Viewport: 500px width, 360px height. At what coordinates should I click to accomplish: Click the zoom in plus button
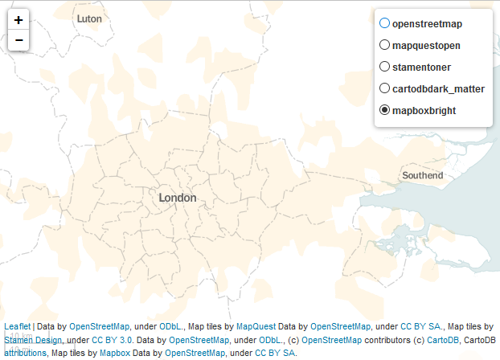coord(18,20)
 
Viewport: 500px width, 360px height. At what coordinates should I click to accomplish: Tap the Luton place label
coord(89,18)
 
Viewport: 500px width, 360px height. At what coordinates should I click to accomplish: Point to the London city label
coord(177,198)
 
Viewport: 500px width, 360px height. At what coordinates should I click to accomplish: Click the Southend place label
coord(422,175)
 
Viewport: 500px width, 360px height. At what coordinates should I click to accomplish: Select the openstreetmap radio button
coord(384,24)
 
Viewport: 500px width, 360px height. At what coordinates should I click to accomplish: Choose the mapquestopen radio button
coord(384,45)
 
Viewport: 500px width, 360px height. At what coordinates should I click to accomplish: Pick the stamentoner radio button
coord(384,67)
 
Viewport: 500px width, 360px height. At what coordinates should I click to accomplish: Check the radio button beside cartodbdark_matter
coord(384,88)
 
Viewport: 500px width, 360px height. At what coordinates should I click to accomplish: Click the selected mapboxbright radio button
coord(384,109)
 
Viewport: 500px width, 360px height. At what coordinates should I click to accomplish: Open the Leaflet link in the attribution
coord(18,327)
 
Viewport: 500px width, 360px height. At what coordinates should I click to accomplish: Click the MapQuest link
coord(256,327)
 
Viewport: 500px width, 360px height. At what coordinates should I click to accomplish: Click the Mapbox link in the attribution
coord(115,353)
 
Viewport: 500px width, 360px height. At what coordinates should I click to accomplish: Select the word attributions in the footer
coord(25,353)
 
